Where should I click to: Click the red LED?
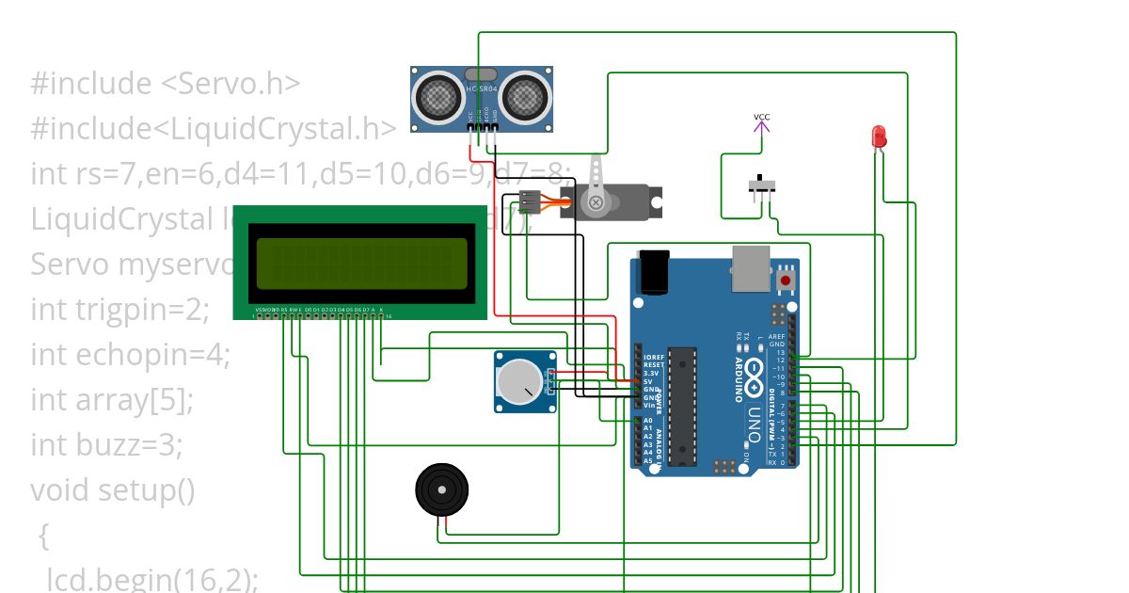tap(879, 136)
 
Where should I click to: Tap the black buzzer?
tap(440, 489)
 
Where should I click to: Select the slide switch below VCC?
tap(762, 184)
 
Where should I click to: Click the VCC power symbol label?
tap(761, 118)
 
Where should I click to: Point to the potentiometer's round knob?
tap(518, 382)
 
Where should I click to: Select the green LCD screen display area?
tap(361, 263)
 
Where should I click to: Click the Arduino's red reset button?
tap(786, 280)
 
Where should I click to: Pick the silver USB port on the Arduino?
tap(750, 267)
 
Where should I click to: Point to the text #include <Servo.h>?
tap(166, 84)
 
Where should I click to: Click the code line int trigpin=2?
tap(119, 309)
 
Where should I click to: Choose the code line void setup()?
tap(113, 489)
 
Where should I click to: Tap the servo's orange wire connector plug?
tap(531, 201)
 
